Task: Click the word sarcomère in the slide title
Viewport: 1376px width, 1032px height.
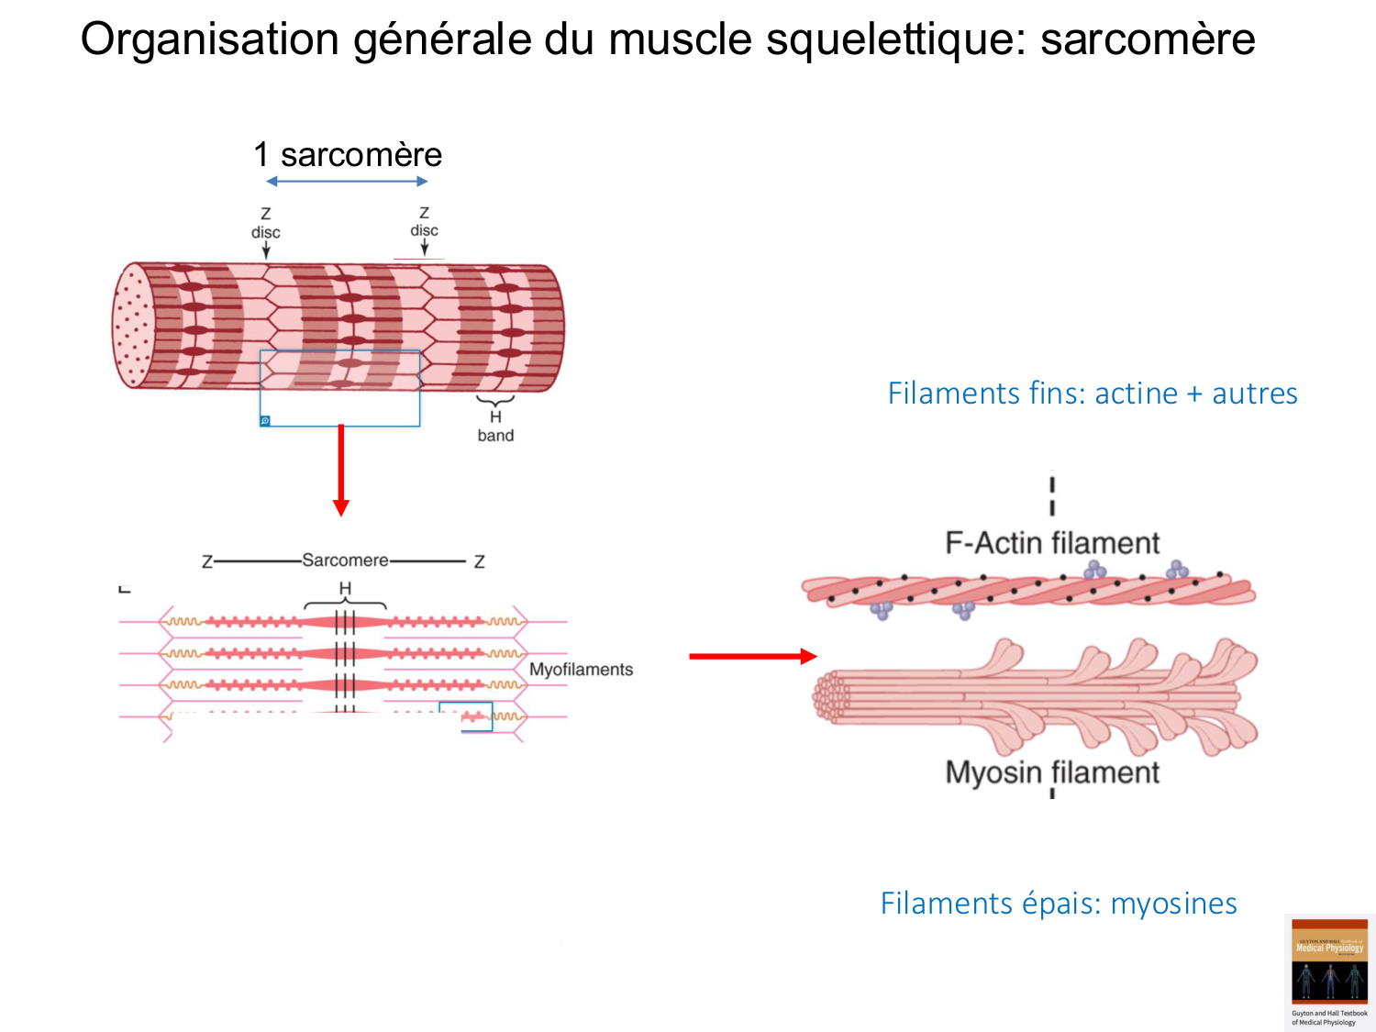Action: pos(1147,39)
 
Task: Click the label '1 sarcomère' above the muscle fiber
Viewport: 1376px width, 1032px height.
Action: pos(348,155)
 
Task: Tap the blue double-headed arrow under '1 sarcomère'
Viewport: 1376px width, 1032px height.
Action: pos(348,182)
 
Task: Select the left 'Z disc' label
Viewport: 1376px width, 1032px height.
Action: pos(265,223)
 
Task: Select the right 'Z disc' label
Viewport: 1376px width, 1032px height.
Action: pos(424,222)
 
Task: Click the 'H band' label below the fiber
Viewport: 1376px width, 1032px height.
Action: pos(495,427)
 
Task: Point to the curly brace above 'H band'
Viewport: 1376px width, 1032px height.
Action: pos(495,401)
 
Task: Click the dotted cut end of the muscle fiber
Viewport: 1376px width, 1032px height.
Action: pos(133,326)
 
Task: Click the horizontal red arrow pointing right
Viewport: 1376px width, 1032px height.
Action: pos(752,656)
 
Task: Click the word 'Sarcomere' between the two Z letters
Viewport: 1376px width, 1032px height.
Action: pos(345,560)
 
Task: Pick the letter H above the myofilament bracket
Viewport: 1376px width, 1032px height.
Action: pos(345,588)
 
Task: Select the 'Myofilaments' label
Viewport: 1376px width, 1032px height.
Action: pos(581,670)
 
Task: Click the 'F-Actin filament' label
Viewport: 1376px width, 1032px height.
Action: pos(1052,543)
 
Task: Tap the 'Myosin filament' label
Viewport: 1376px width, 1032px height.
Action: pos(1052,772)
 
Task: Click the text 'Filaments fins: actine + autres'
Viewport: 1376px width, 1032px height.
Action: pos(1092,394)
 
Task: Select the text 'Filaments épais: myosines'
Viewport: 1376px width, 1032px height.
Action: pos(1059,904)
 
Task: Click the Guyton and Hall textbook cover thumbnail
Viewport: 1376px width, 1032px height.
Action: pos(1329,972)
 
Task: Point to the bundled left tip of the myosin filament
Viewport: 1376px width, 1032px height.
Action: pos(829,694)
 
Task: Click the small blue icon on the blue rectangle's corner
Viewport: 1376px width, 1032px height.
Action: pos(265,421)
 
